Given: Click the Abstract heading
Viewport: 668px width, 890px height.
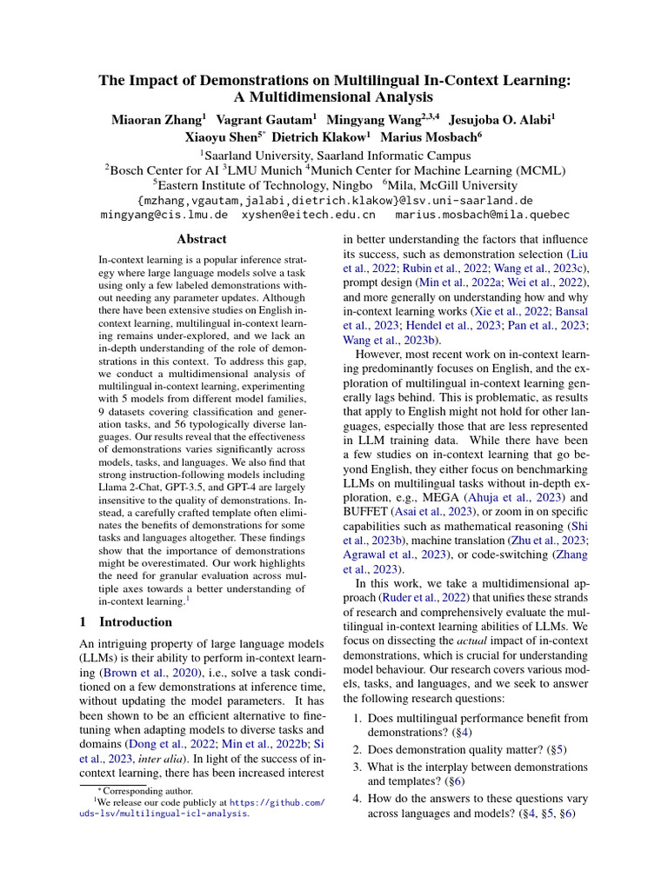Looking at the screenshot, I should coord(202,239).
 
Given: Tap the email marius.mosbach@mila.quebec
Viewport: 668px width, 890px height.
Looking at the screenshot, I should coord(482,214).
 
